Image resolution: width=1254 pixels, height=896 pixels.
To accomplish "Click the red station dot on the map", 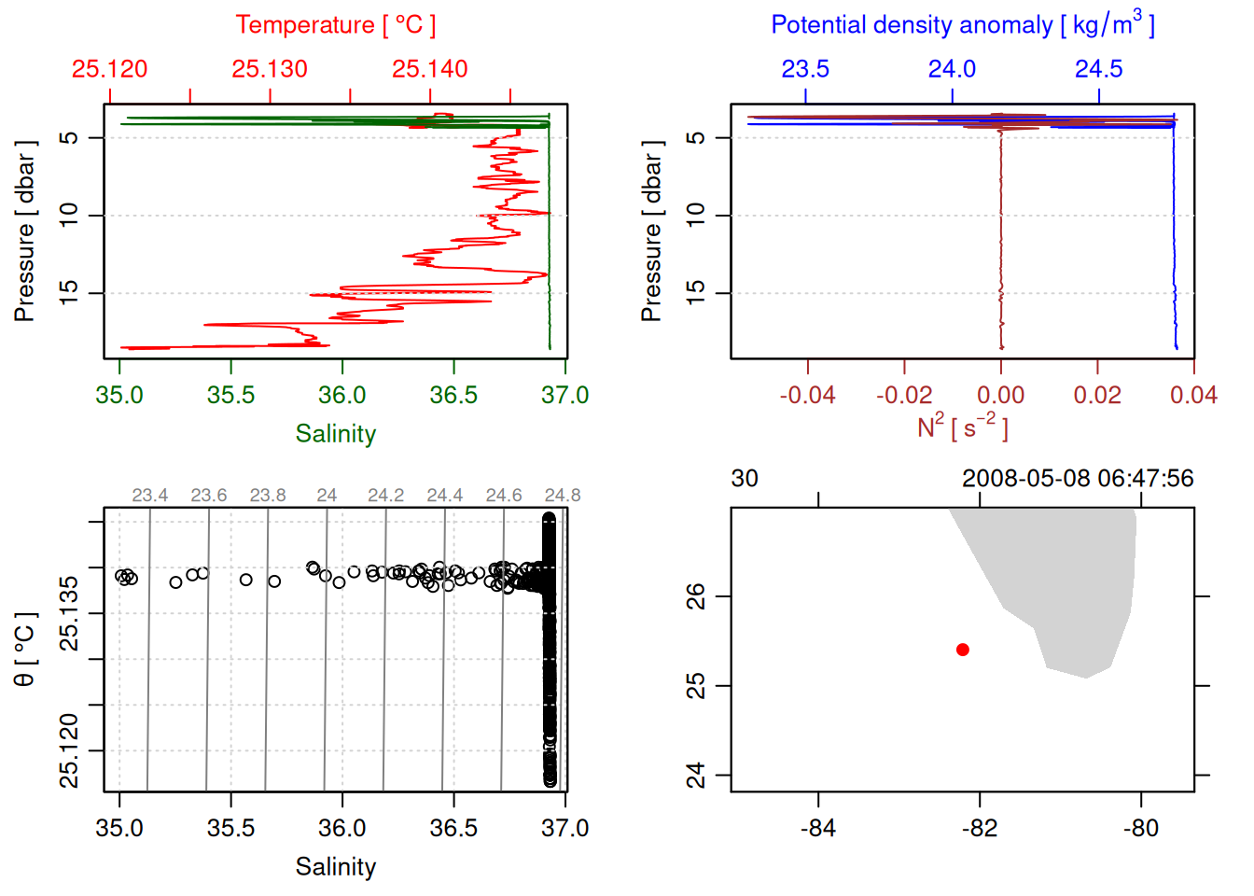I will pyautogui.click(x=963, y=650).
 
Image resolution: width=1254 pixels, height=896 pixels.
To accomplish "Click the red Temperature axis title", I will pyautogui.click(x=335, y=25).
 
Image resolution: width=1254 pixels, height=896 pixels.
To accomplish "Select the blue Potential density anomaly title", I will pyautogui.click(x=962, y=25).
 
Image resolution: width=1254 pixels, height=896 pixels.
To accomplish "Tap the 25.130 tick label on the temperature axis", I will pyautogui.click(x=270, y=69).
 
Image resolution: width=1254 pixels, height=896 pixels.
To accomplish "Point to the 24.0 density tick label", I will pyautogui.click(x=952, y=69).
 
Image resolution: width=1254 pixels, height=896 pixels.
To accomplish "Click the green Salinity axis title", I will pyautogui.click(x=335, y=434).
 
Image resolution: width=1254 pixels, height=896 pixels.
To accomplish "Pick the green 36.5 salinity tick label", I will pyautogui.click(x=453, y=396).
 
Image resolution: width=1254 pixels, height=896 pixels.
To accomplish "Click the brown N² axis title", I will pyautogui.click(x=962, y=427).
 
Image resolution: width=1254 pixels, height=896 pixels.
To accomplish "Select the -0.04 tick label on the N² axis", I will pyautogui.click(x=807, y=396).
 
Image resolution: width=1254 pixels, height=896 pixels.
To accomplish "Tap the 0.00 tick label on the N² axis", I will pyautogui.click(x=1000, y=396).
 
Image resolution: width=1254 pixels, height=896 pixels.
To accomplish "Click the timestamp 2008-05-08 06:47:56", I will pyautogui.click(x=1078, y=479).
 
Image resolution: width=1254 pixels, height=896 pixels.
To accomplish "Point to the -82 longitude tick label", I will pyautogui.click(x=980, y=828).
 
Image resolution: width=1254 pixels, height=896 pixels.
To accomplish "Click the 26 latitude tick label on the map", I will pyautogui.click(x=696, y=595).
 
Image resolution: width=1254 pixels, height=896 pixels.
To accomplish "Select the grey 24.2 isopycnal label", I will pyautogui.click(x=385, y=496).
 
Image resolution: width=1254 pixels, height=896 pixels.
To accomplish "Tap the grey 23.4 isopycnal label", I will pyautogui.click(x=149, y=496).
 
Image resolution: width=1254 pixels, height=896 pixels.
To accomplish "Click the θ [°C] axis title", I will pyautogui.click(x=25, y=650).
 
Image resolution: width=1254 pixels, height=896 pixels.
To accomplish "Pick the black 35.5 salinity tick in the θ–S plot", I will pyautogui.click(x=230, y=828).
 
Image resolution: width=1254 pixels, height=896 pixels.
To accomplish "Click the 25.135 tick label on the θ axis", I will pyautogui.click(x=69, y=613).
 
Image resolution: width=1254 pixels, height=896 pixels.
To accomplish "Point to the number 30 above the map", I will pyautogui.click(x=745, y=479).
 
